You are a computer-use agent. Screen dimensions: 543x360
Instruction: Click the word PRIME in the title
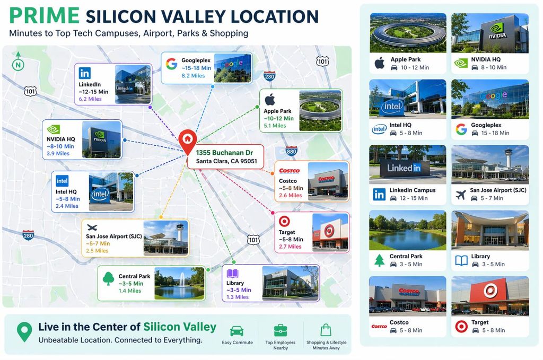pyautogui.click(x=45, y=15)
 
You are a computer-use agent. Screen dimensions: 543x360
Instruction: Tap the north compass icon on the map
pyautogui.click(x=18, y=63)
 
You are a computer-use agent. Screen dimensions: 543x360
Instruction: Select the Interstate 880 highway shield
pyautogui.click(x=291, y=151)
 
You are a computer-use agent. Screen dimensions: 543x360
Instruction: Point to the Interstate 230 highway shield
pyautogui.click(x=269, y=76)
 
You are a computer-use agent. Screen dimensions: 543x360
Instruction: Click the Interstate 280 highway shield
pyautogui.click(x=28, y=235)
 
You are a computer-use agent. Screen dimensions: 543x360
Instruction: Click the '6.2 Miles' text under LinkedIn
pyautogui.click(x=90, y=99)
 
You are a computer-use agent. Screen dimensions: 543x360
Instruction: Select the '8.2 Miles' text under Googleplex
pyautogui.click(x=193, y=75)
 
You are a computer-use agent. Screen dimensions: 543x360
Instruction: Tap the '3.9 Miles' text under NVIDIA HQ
pyautogui.click(x=58, y=153)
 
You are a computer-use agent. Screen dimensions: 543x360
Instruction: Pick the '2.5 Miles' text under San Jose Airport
pyautogui.click(x=98, y=251)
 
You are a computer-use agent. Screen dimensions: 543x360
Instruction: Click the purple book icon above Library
pyautogui.click(x=232, y=274)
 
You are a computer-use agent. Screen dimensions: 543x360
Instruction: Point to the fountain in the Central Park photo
pyautogui.click(x=182, y=280)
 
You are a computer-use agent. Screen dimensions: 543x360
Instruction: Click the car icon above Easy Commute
pyautogui.click(x=237, y=331)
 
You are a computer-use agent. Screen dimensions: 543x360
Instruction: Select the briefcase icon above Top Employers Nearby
pyautogui.click(x=281, y=330)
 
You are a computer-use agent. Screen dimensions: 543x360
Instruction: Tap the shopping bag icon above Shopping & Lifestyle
pyautogui.click(x=326, y=330)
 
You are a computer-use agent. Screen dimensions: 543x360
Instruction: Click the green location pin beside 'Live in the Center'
pyautogui.click(x=24, y=331)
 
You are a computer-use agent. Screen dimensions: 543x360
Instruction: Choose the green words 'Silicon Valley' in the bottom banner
pyautogui.click(x=180, y=327)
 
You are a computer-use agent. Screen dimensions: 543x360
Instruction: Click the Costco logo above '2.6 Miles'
pyautogui.click(x=290, y=171)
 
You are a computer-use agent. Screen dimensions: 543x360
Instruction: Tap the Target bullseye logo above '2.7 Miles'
pyautogui.click(x=284, y=221)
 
